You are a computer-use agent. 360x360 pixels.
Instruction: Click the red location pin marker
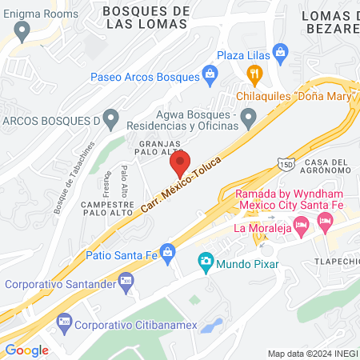[179, 164]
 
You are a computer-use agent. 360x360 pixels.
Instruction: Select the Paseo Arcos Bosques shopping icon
[210, 76]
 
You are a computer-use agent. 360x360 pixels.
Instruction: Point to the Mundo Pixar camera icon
[206, 262]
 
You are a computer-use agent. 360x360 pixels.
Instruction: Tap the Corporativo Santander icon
[125, 282]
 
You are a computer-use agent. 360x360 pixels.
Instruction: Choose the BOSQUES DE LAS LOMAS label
[146, 16]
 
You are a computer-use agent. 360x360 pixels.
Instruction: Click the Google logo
[26, 350]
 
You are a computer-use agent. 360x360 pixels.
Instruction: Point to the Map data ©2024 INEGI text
[311, 353]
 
